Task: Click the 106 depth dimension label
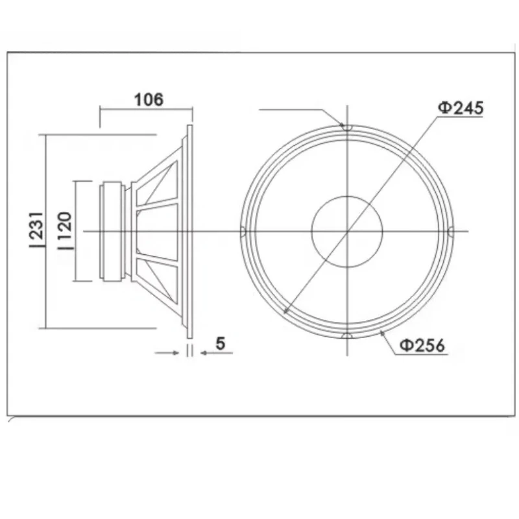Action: point(149,99)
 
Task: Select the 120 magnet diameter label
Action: point(65,231)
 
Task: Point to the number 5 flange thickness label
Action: point(220,343)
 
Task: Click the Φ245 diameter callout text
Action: point(461,108)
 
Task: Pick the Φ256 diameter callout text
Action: point(422,345)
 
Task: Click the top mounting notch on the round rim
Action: point(347,127)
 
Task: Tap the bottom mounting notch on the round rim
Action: point(347,336)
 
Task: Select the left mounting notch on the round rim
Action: point(243,232)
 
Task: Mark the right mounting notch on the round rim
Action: point(451,232)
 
